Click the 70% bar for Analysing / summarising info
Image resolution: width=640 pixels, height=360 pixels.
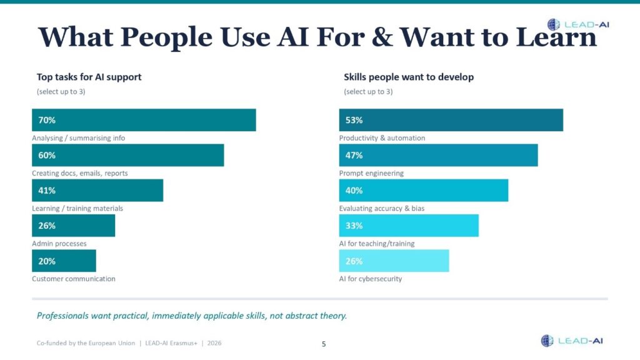point(144,120)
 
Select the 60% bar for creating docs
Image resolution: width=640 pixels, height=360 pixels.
point(127,155)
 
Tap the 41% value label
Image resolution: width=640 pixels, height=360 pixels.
point(47,191)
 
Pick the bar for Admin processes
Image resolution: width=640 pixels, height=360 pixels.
point(73,226)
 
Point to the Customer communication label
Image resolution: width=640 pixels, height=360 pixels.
point(74,279)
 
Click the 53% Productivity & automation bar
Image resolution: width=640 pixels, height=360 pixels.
point(451,120)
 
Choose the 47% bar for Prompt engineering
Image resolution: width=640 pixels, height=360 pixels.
point(438,155)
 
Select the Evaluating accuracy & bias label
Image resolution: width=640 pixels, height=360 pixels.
point(381,208)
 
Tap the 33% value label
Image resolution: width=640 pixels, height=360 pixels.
point(354,226)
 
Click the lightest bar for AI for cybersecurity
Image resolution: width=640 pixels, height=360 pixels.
point(394,261)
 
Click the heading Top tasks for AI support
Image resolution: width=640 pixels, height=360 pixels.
point(89,77)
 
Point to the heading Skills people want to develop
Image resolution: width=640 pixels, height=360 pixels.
point(409,77)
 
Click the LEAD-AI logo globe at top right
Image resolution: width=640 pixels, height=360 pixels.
point(554,24)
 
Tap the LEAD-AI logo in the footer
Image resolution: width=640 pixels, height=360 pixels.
point(572,341)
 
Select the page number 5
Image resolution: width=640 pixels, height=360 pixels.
point(323,344)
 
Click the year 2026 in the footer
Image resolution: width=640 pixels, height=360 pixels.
point(213,343)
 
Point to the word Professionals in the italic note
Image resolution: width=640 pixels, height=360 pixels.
point(63,316)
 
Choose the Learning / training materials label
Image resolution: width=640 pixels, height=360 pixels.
point(77,208)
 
